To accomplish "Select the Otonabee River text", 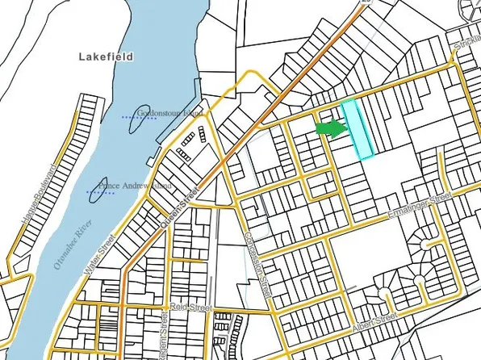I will [69, 241].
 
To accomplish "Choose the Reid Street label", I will [196, 308].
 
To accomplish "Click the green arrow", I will [329, 128].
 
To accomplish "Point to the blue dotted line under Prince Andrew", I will [100, 193].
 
